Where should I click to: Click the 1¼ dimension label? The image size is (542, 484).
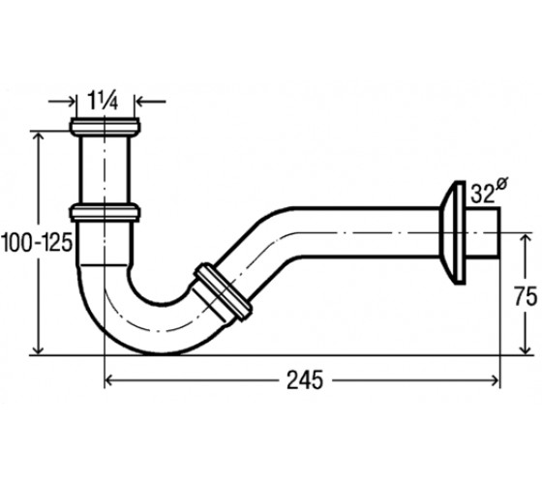(x=103, y=101)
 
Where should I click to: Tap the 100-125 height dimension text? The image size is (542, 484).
(x=37, y=242)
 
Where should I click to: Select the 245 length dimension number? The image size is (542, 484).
(x=305, y=380)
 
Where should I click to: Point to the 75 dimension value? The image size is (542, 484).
(x=526, y=296)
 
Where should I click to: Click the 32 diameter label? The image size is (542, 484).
(x=482, y=195)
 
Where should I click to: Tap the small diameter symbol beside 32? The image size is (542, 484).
(x=501, y=184)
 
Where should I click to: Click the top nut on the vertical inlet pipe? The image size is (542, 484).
(x=105, y=127)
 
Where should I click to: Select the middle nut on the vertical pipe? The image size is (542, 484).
(x=105, y=213)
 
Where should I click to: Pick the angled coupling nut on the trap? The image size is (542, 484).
(x=223, y=292)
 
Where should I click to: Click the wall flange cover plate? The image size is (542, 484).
(x=453, y=232)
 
